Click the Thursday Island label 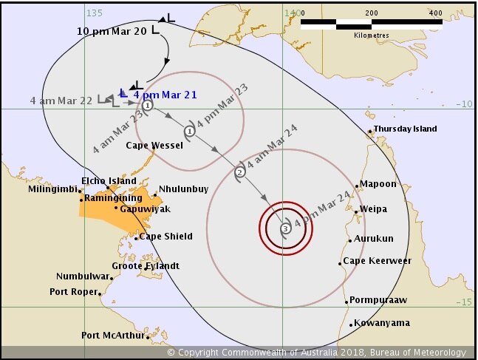pyautogui.click(x=405, y=129)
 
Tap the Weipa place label pyautogui.click(x=373, y=209)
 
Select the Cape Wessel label pyautogui.click(x=154, y=146)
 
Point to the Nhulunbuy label pyautogui.click(x=183, y=189)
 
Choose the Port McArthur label pyautogui.click(x=112, y=336)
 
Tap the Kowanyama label pyautogui.click(x=381, y=324)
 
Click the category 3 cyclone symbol pyautogui.click(x=286, y=229)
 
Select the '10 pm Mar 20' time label pyautogui.click(x=112, y=31)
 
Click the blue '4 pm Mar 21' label pyautogui.click(x=162, y=95)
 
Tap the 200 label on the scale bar pyautogui.click(x=371, y=13)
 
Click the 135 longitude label pyautogui.click(x=94, y=13)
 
